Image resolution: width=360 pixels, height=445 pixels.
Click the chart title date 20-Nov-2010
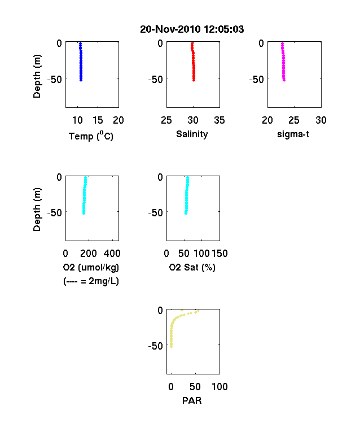170,29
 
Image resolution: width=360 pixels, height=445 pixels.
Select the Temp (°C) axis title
91,136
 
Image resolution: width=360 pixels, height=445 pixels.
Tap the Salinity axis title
192,134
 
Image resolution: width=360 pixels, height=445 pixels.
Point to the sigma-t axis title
293,134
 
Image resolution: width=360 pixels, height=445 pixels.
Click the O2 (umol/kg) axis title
91,267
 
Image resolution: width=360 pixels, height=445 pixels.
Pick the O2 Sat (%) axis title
192,267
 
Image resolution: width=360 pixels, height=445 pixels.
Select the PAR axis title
192,400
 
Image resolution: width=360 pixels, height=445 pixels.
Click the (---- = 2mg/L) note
91,281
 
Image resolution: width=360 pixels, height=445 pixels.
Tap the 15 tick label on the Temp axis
98,120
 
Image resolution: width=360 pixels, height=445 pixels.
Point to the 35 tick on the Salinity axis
219,120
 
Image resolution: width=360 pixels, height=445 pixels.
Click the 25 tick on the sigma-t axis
294,120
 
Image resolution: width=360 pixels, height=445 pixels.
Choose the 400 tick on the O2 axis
112,254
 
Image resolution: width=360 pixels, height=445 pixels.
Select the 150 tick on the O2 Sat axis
219,254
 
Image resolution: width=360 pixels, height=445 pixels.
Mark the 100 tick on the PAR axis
219,386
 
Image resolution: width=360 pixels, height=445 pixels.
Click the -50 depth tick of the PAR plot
156,346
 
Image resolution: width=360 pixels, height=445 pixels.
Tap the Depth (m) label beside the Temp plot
37,76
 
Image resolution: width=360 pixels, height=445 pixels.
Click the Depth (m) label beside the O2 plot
37,210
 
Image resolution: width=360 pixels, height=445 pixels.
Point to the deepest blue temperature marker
81,80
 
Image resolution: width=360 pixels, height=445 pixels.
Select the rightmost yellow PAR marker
198,311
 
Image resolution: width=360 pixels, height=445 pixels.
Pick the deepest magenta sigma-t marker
284,80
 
